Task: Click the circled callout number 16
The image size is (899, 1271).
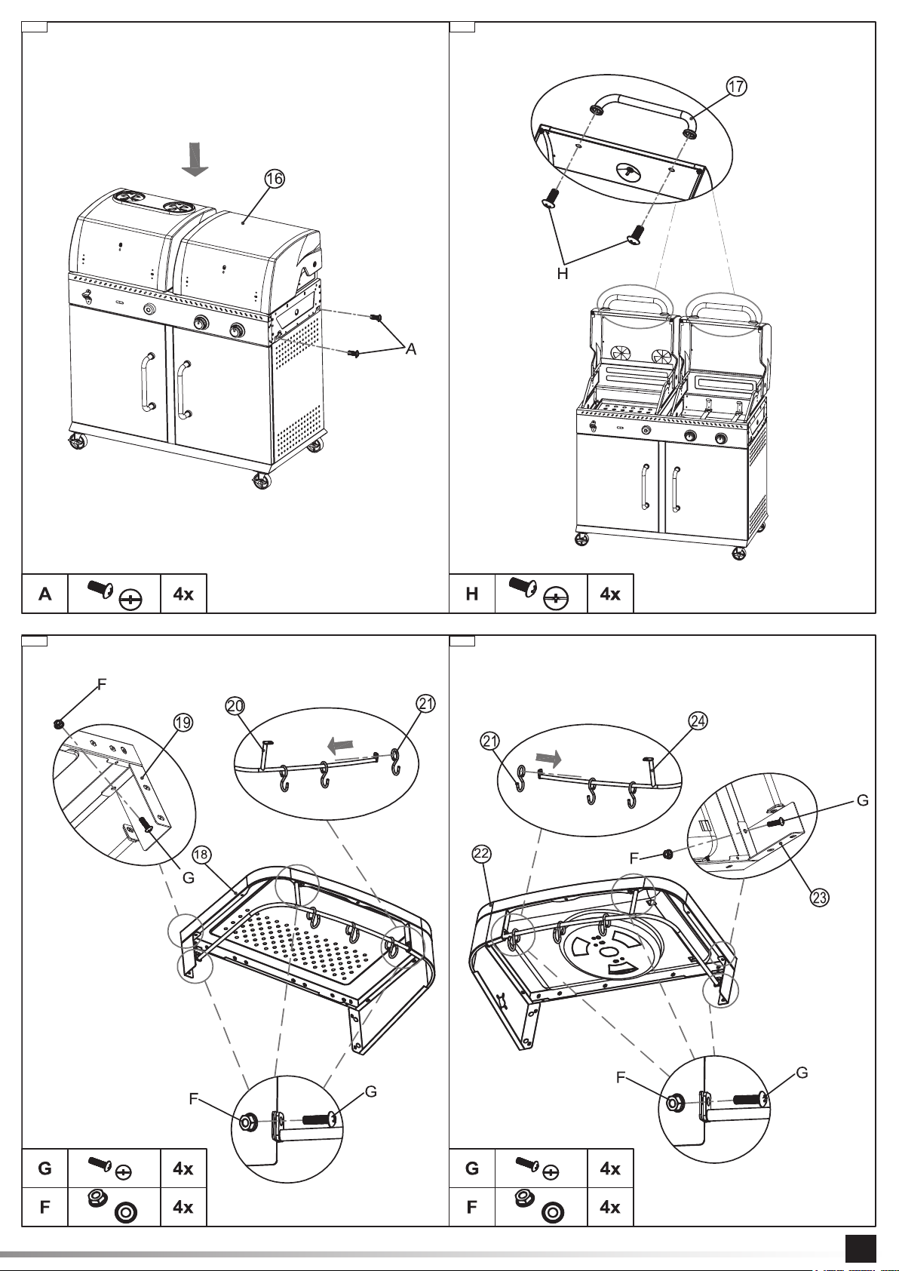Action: coord(274,179)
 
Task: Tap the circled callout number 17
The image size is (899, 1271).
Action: coord(736,86)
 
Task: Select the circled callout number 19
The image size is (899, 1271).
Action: coord(183,723)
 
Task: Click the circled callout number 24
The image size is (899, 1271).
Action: coord(698,720)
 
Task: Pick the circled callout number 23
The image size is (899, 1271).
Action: coord(819,897)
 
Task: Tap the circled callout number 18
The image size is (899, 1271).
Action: coord(202,855)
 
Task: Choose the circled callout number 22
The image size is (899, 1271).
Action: coord(481,854)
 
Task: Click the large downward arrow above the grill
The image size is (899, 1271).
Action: coord(195,159)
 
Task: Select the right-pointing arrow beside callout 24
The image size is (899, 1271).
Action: coord(548,757)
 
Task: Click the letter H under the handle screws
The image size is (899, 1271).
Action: coord(562,274)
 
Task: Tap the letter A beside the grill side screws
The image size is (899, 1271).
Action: coord(410,349)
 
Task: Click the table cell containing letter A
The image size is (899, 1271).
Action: coord(44,594)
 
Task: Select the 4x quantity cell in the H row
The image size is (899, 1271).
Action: coord(610,594)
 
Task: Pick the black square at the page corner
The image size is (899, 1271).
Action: coord(861,1249)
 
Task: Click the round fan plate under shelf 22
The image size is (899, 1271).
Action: coord(611,948)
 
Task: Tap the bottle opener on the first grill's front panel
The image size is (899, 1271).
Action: coord(87,296)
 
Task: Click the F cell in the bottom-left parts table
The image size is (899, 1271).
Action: coord(44,1207)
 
